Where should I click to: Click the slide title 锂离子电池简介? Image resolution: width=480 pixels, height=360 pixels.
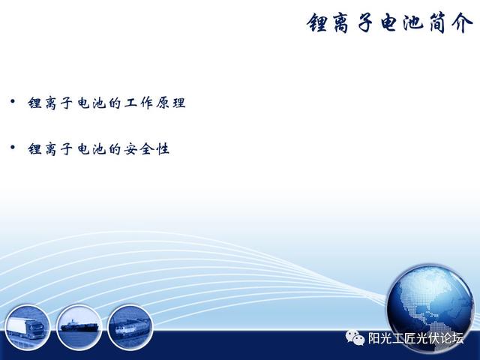(390, 23)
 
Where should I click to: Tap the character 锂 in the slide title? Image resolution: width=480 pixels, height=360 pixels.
(317, 23)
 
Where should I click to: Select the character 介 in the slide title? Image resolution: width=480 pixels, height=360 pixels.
(463, 23)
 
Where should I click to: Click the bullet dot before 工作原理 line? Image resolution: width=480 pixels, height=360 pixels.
(13, 100)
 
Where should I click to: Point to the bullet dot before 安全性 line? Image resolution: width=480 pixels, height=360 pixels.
(13, 148)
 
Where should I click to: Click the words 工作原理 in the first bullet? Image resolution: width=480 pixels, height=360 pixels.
(154, 103)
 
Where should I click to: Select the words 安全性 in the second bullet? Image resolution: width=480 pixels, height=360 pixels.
(147, 149)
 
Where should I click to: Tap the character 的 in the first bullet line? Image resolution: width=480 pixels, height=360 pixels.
(115, 103)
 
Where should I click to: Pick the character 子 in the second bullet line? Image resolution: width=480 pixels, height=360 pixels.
(67, 149)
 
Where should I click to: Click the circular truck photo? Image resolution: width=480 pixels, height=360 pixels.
(27, 327)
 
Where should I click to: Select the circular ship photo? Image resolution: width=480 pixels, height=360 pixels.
(79, 327)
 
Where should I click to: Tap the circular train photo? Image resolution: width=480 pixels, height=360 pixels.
(130, 327)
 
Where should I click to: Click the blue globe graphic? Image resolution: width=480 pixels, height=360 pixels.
(430, 309)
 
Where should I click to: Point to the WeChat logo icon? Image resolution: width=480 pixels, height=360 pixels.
(355, 337)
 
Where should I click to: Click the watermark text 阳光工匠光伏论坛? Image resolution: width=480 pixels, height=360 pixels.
(415, 338)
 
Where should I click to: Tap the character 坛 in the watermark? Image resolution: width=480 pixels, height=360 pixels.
(457, 338)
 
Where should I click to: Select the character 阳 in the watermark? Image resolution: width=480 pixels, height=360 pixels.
(373, 338)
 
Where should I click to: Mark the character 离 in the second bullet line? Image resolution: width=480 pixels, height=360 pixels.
(50, 149)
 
